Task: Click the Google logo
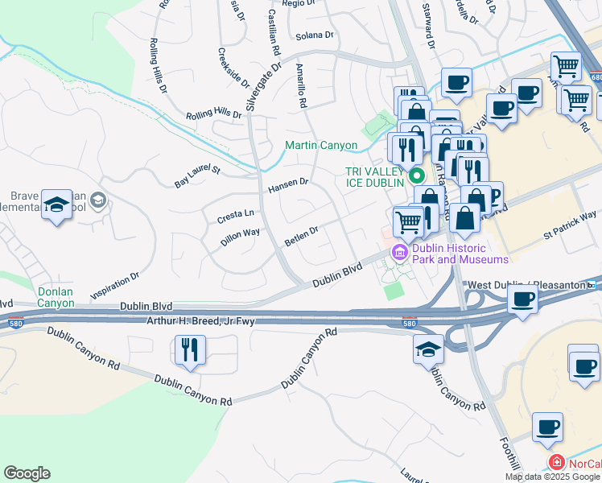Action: click(x=27, y=473)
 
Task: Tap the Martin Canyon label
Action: click(x=321, y=146)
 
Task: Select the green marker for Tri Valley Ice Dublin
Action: click(x=416, y=175)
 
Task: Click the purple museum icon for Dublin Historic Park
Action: click(x=399, y=254)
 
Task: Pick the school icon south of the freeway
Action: click(x=428, y=349)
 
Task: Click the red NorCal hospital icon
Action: click(x=555, y=462)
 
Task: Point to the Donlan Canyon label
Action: click(x=56, y=297)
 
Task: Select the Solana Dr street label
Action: click(x=314, y=35)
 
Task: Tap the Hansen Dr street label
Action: click(x=288, y=185)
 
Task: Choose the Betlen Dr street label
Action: click(x=302, y=235)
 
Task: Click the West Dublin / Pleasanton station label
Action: click(x=527, y=285)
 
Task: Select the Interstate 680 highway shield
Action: click(x=595, y=76)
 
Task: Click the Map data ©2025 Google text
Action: click(x=552, y=477)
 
